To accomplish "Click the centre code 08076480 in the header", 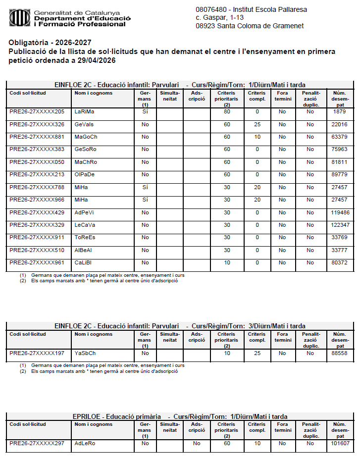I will pos(211,9).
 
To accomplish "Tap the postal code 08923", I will pos(206,26).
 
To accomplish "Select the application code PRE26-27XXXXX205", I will pos(37,111).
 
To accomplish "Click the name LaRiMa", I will pos(84,111).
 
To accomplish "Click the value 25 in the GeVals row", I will pos(257,124).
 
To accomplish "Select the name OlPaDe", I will pos(85,174).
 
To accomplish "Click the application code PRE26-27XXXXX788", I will pos(37,187).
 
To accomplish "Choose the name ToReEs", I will pos(85,237).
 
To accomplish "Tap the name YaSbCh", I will pos(85,353).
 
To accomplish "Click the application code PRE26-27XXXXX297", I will pos(37,443).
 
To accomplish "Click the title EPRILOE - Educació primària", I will pos(116,416).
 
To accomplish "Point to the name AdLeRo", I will pos(85,443).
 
